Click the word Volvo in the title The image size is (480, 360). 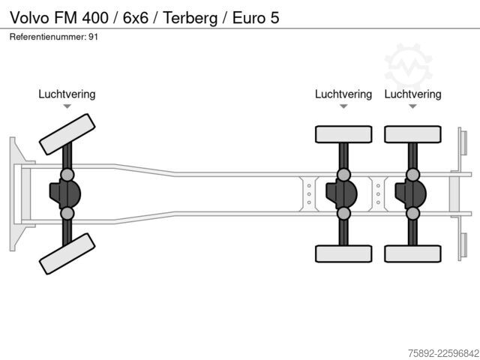click(29, 17)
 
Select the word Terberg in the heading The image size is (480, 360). click(190, 18)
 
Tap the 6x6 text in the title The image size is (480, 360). click(136, 17)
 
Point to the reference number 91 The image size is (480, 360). click(93, 37)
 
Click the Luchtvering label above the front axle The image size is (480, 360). click(67, 94)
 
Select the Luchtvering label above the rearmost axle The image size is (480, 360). click(412, 94)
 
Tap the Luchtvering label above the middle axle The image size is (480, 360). click(343, 94)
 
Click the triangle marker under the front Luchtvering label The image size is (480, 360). click(67, 106)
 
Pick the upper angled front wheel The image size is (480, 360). click(67, 134)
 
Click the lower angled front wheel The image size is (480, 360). click(67, 253)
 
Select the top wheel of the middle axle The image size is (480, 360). click(343, 134)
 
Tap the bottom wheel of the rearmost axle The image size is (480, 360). click(412, 253)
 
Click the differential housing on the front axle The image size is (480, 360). click(65, 194)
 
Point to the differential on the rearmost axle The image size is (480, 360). click(411, 194)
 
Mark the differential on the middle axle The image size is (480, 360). click(342, 194)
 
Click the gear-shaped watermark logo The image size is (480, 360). click(408, 67)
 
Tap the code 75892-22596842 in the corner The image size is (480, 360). click(443, 353)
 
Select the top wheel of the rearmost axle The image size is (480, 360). click(412, 134)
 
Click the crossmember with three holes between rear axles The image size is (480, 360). click(378, 194)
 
